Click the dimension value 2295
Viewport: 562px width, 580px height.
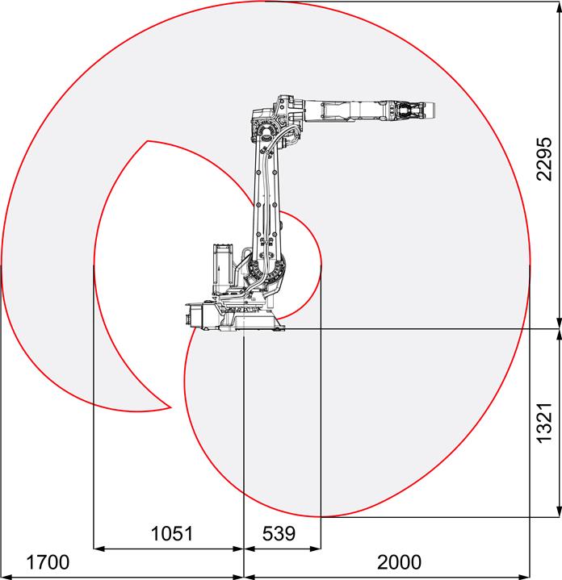pos(544,159)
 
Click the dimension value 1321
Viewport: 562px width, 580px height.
pos(544,423)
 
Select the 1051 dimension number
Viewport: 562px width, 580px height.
pos(172,533)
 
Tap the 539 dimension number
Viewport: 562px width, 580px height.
pos(279,533)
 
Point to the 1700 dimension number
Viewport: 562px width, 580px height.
pos(48,562)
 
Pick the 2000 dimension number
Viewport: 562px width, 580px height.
pos(399,562)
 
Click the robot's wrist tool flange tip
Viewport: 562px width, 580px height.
pos(434,111)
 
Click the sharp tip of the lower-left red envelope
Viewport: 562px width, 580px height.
pos(170,407)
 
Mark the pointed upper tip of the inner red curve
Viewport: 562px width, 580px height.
pos(148,141)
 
